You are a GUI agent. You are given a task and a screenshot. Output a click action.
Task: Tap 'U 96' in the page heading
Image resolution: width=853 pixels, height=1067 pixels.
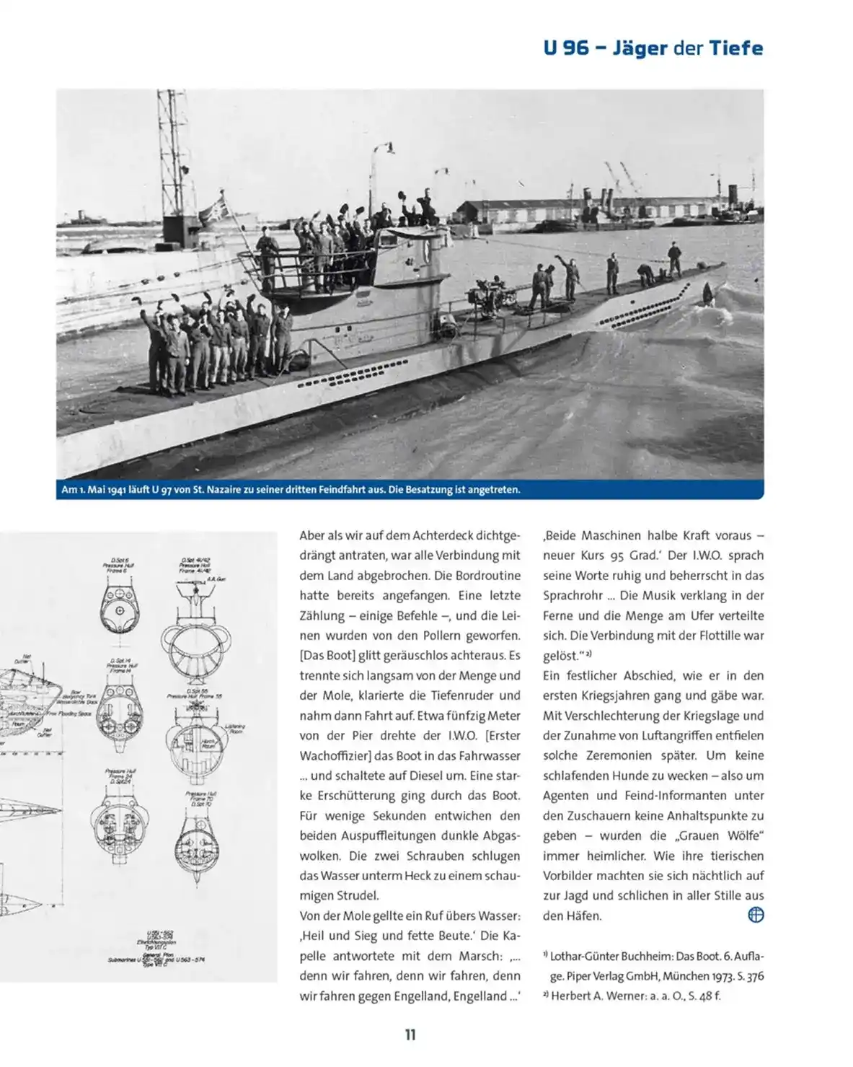click(x=566, y=49)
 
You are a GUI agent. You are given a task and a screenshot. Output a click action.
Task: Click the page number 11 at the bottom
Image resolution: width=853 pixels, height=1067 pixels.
click(x=410, y=1034)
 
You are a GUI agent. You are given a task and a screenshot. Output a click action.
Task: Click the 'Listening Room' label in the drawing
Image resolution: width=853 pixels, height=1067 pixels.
click(x=235, y=728)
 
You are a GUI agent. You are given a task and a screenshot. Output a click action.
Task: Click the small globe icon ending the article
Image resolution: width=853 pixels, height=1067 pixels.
click(x=755, y=915)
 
